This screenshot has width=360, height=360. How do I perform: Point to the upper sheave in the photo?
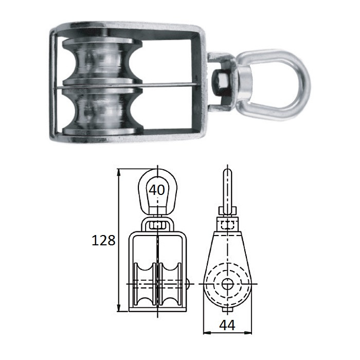(100, 62)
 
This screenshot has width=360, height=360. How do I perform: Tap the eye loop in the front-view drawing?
(157, 191)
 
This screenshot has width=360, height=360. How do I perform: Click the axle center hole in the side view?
(227, 283)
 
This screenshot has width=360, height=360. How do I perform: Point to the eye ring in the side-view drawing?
(227, 188)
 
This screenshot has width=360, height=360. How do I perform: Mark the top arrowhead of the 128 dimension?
(119, 172)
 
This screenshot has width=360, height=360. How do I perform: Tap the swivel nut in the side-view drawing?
(227, 223)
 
